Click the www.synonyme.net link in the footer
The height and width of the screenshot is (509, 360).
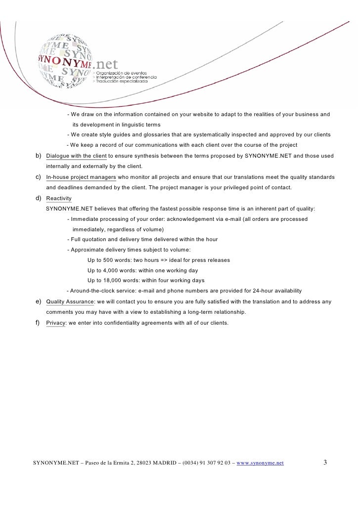(x=261, y=463)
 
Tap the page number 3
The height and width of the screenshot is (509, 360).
(x=325, y=463)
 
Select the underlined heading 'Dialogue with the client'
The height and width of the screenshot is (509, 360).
(x=76, y=156)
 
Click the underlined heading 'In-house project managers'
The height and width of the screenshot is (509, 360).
(x=81, y=177)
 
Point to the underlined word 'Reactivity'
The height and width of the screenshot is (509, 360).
(x=59, y=198)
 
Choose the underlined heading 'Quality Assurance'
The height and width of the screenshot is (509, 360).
(x=70, y=301)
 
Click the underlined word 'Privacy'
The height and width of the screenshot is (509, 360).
(x=55, y=323)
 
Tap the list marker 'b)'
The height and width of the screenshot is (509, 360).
(x=38, y=156)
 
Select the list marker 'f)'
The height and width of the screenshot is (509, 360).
(x=38, y=323)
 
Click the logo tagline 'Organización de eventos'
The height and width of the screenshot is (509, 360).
(x=126, y=73)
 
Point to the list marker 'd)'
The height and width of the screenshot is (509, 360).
(x=38, y=198)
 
